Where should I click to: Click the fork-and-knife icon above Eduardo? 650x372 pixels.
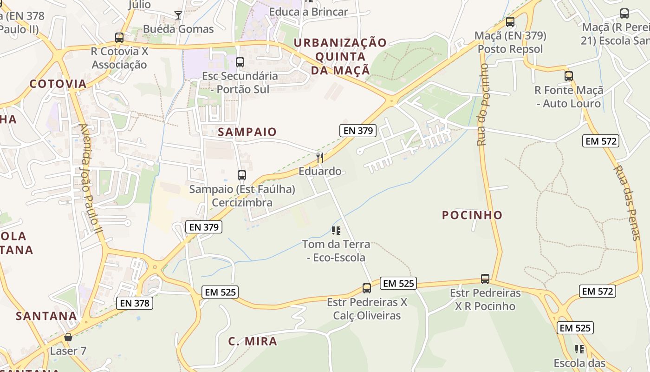320,157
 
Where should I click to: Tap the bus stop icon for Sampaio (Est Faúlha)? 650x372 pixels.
241,175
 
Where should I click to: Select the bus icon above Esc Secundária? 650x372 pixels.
240,62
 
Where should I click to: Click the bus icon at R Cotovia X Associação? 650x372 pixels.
119,38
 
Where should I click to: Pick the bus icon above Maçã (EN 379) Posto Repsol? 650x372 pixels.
510,21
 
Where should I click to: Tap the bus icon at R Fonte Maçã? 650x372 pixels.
569,76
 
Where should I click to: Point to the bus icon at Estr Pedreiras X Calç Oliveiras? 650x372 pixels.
367,288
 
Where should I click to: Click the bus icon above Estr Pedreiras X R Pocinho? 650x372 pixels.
485,279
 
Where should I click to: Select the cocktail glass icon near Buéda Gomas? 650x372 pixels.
178,15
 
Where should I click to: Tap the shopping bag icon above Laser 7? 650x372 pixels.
68,337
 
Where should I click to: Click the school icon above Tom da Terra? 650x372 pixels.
336,230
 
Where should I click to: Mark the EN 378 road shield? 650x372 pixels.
134,303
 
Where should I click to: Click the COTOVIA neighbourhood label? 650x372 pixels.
58,84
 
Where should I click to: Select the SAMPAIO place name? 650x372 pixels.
247,132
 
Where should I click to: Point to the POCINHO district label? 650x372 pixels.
472,215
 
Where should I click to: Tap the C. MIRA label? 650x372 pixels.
253,341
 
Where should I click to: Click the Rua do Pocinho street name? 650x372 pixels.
483,105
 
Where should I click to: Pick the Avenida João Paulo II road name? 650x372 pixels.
91,179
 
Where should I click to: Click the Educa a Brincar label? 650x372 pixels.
308,12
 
